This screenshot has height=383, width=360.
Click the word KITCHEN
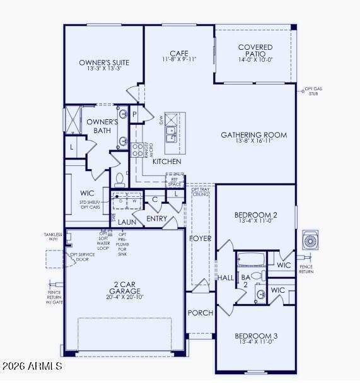point(166,162)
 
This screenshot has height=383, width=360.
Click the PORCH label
point(200,313)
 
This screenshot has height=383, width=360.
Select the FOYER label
point(201,239)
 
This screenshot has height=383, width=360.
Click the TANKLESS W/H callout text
point(53,236)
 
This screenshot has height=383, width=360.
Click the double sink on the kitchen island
point(171,134)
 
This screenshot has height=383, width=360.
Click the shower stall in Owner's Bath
point(73,120)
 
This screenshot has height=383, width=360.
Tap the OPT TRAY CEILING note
point(200,191)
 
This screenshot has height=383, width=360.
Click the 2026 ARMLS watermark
point(32,366)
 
